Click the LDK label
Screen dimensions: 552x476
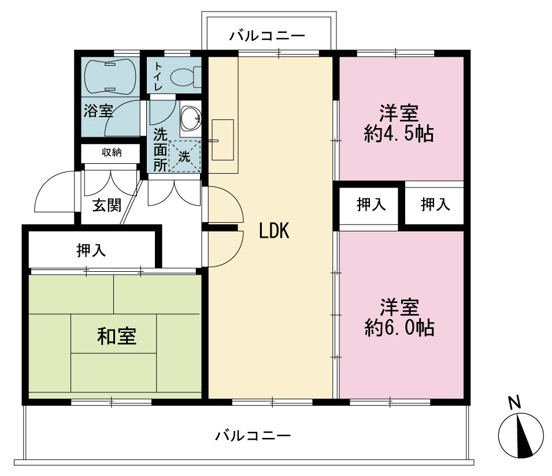click(x=274, y=231)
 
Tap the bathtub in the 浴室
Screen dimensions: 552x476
click(x=110, y=76)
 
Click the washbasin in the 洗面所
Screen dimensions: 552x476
click(x=191, y=118)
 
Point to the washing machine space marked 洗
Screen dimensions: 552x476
click(x=184, y=157)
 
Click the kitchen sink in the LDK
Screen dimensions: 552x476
click(x=223, y=140)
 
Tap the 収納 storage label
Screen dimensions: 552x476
click(x=112, y=152)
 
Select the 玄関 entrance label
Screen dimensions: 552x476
click(x=107, y=205)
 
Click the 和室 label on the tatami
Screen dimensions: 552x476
click(x=117, y=336)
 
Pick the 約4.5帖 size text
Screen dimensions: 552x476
click(x=399, y=133)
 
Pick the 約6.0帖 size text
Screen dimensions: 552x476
click(x=399, y=327)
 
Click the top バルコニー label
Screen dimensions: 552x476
click(x=267, y=36)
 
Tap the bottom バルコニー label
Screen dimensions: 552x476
click(x=253, y=436)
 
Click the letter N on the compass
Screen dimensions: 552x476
click(x=514, y=402)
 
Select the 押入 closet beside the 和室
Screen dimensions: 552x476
click(x=91, y=250)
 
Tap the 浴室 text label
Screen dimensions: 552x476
click(x=98, y=111)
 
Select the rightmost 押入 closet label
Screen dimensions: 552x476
click(x=435, y=204)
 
